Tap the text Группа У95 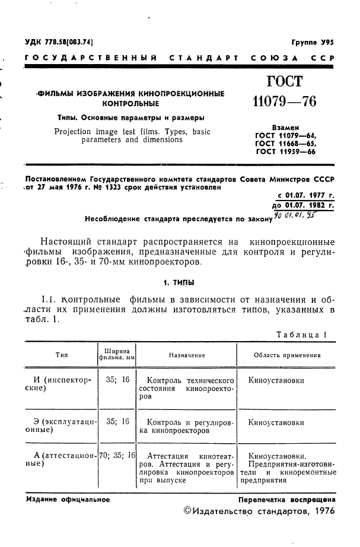pos(313,43)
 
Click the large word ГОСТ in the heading pos(284,82)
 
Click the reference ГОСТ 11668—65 pos(286,144)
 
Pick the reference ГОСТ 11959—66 pos(286,152)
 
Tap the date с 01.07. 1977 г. pos(305,195)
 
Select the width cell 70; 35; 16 pos(117,456)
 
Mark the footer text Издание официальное pos(69,500)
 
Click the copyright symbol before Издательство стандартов pos(189,510)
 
